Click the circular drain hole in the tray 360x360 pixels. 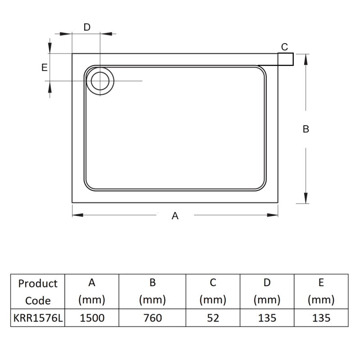(x=100, y=81)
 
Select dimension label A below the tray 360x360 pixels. (x=175, y=216)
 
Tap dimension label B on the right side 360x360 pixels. (x=306, y=129)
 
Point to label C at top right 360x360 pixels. (x=284, y=47)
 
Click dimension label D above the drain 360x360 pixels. (x=87, y=27)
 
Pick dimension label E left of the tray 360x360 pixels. (x=44, y=67)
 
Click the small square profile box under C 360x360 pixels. (x=286, y=59)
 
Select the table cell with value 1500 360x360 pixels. (x=92, y=318)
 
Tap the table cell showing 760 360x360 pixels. (x=153, y=318)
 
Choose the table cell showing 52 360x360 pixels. (x=213, y=318)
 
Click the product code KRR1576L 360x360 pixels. (x=38, y=318)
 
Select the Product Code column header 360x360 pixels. (x=38, y=292)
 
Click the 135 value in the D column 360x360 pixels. (x=267, y=318)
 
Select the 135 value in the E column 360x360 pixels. (x=321, y=318)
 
